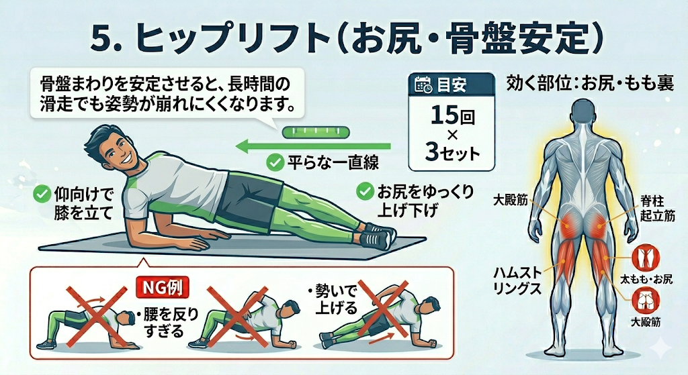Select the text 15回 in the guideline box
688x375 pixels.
click(x=451, y=115)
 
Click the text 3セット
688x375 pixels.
click(x=452, y=153)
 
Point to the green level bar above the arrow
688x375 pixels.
click(x=316, y=132)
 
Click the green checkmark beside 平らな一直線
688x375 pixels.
click(x=275, y=163)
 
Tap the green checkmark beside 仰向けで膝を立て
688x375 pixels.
click(x=42, y=194)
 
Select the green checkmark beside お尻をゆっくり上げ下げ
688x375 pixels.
click(x=364, y=191)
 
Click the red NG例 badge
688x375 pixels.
click(x=163, y=288)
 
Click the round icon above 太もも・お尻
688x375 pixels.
click(x=646, y=258)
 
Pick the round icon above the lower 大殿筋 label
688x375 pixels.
click(x=646, y=300)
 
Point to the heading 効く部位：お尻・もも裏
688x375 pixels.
click(x=590, y=83)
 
